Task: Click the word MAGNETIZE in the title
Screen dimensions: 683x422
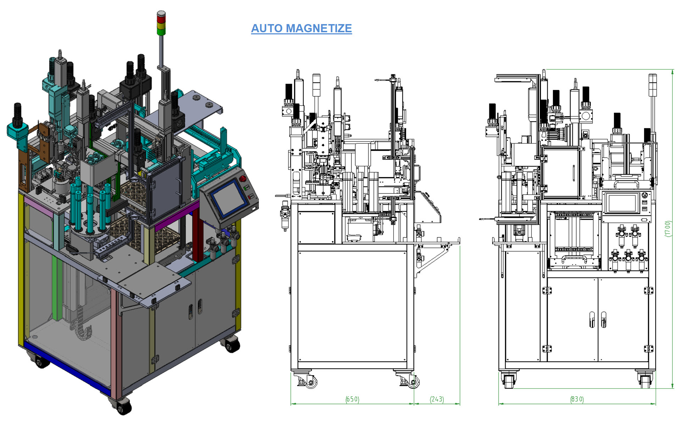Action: (319, 28)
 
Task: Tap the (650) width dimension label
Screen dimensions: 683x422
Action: (352, 399)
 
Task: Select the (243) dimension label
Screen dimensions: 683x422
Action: (437, 399)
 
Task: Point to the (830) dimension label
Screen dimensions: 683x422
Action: (577, 399)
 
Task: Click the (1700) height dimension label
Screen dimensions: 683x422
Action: (668, 229)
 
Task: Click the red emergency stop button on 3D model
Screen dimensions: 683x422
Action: (243, 178)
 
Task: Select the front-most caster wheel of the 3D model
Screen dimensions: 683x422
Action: (122, 407)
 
